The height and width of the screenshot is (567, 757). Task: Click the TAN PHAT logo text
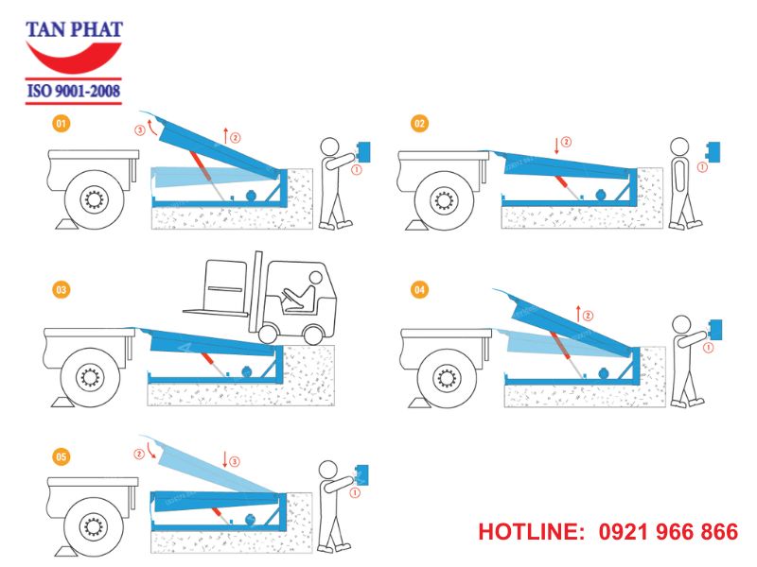(74, 29)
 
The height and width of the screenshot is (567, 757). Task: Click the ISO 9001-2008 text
(74, 92)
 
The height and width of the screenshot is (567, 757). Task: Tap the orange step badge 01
(62, 123)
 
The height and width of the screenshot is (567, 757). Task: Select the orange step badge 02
(419, 123)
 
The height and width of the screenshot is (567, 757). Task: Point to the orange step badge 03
(62, 290)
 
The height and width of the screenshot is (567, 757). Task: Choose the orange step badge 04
(419, 290)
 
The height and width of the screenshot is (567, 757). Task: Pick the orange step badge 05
(62, 457)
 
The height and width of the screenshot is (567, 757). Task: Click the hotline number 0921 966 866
(668, 532)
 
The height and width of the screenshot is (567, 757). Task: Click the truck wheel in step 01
(92, 200)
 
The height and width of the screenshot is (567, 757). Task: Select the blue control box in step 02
(717, 152)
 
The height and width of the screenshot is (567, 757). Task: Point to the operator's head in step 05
(328, 468)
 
